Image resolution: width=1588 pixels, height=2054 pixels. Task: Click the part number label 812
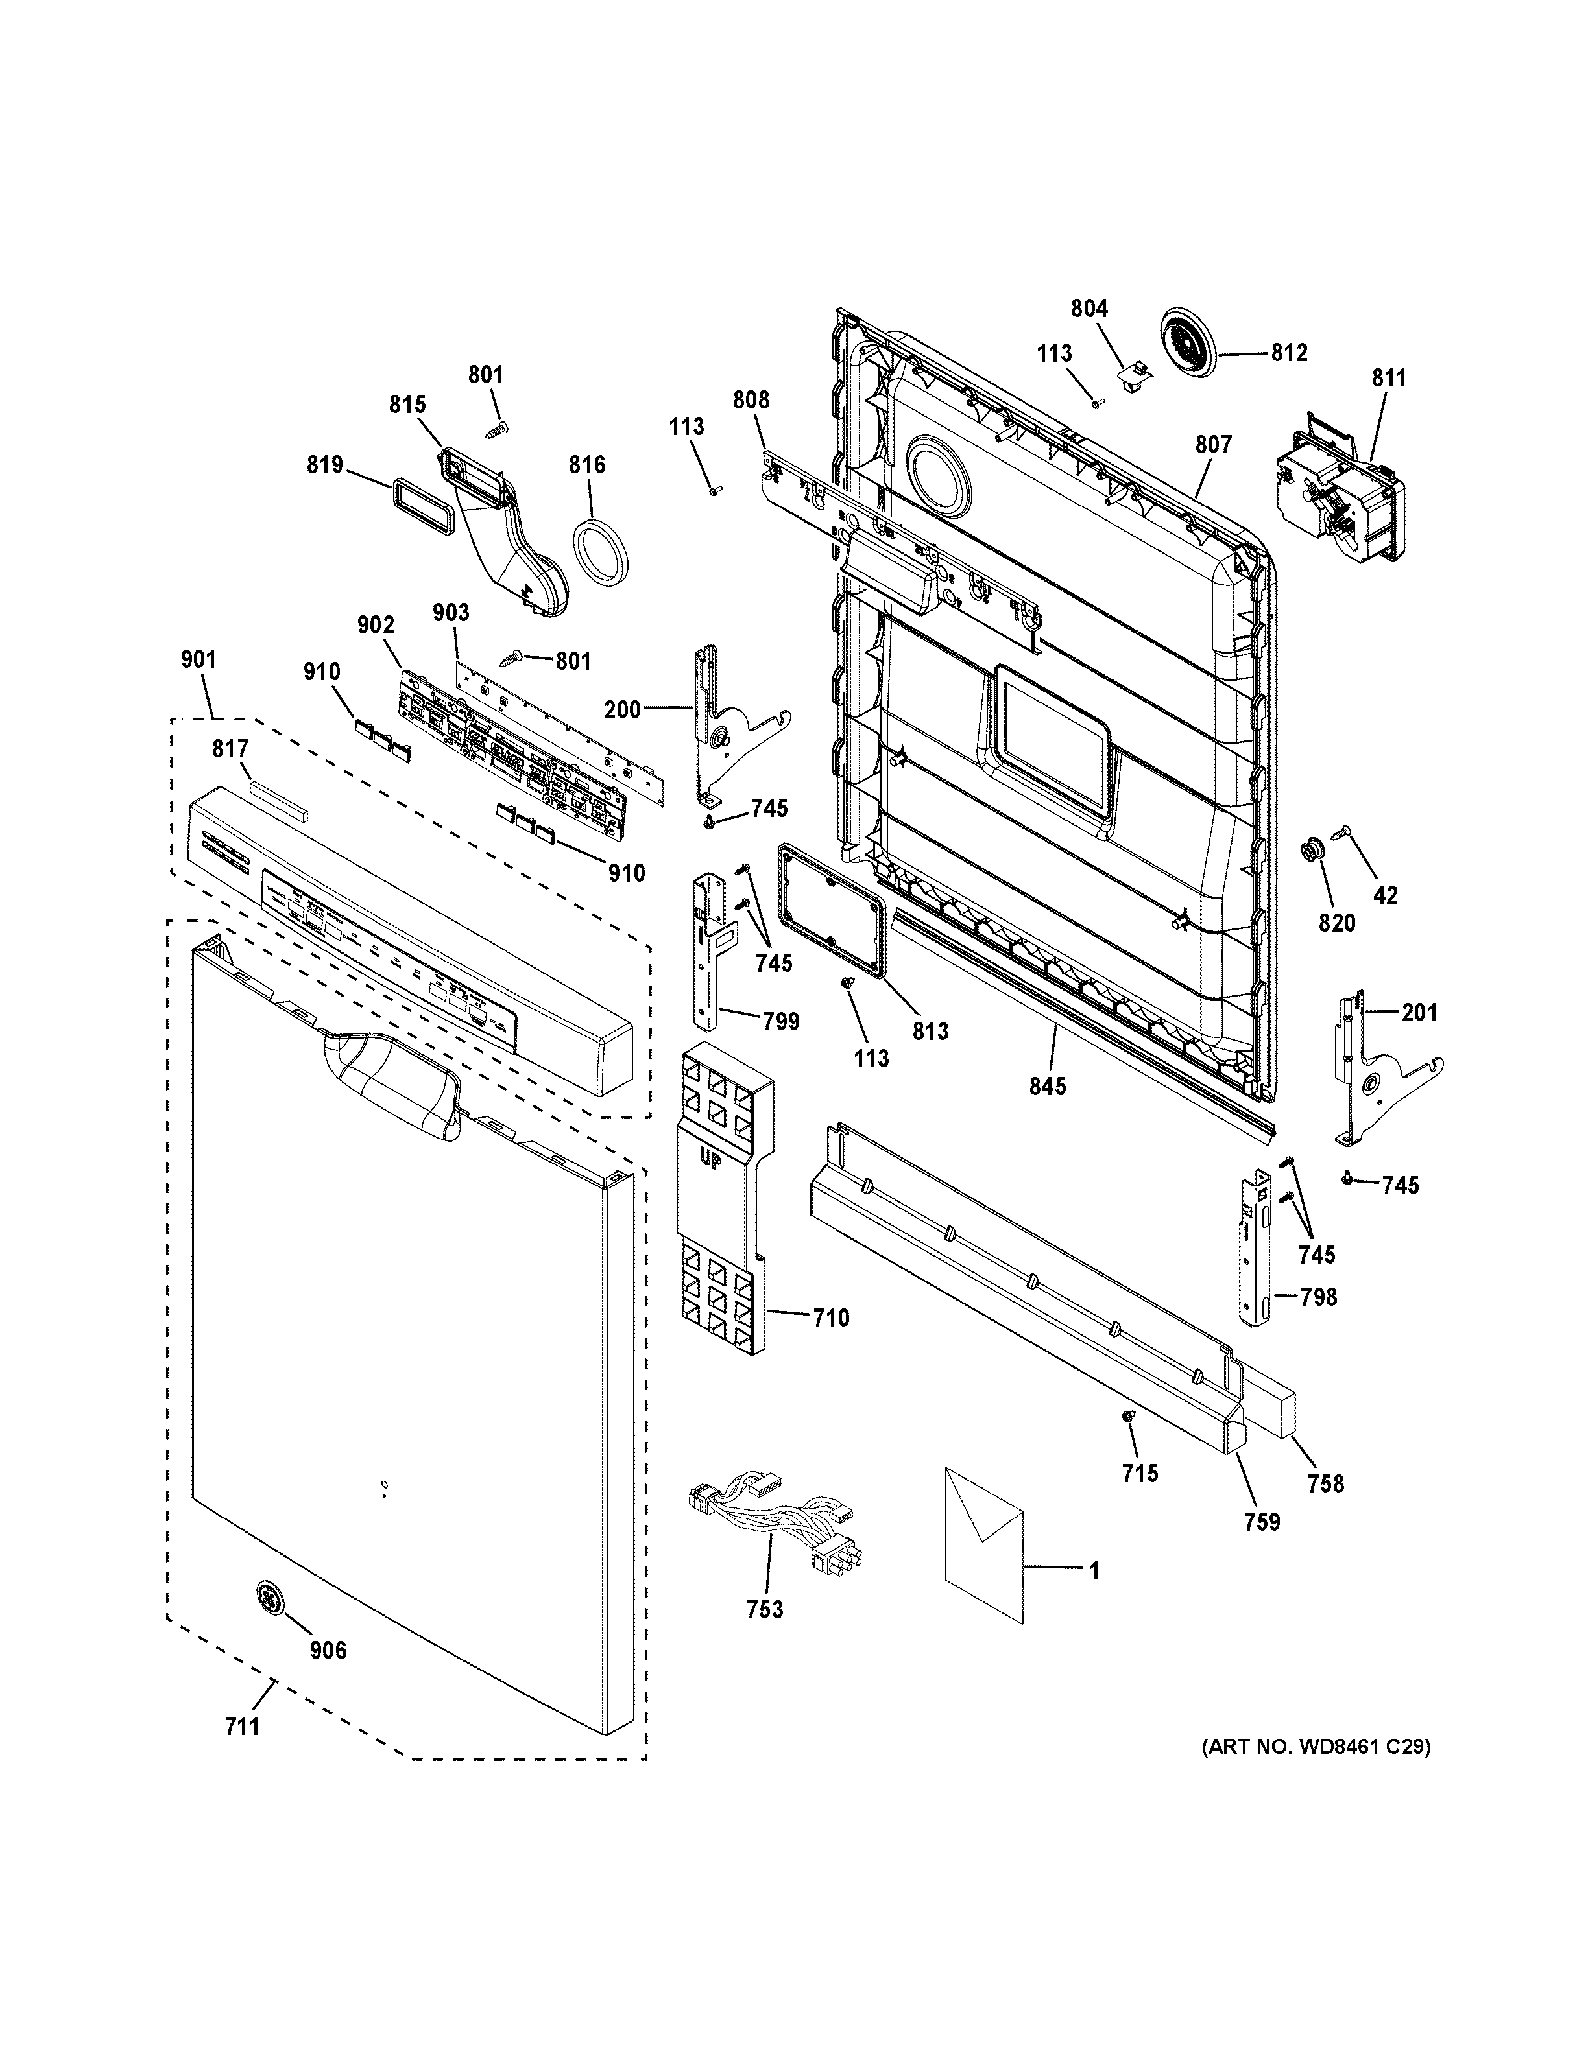click(1289, 353)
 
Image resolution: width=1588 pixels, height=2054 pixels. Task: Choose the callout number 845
click(1047, 1086)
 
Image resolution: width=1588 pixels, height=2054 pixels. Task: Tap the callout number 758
click(1325, 1484)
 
